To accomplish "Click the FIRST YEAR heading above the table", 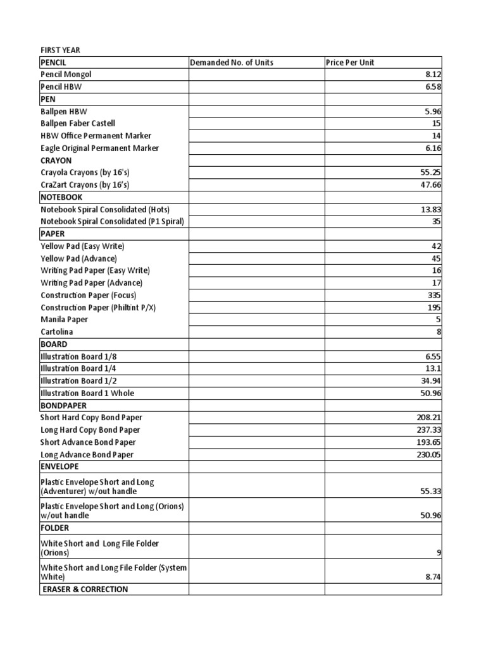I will click(61, 50).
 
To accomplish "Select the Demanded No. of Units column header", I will click(232, 63).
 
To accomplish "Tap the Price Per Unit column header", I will click(350, 63).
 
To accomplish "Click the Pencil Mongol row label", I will click(66, 75).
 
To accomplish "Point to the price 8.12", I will click(433, 75).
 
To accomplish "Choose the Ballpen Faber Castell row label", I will click(78, 123).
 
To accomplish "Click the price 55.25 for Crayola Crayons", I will click(431, 172).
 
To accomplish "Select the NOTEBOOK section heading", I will click(61, 197).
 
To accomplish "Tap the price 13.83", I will click(431, 209).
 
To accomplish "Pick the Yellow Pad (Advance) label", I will click(78, 258).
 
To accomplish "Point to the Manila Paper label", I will click(65, 320).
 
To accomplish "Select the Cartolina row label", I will click(57, 332).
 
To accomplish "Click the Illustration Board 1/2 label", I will click(78, 381).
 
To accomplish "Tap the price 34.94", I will click(431, 381).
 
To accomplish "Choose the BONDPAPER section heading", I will click(64, 406).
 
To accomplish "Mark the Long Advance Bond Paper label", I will click(87, 455).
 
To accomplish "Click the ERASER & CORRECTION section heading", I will click(85, 590).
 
